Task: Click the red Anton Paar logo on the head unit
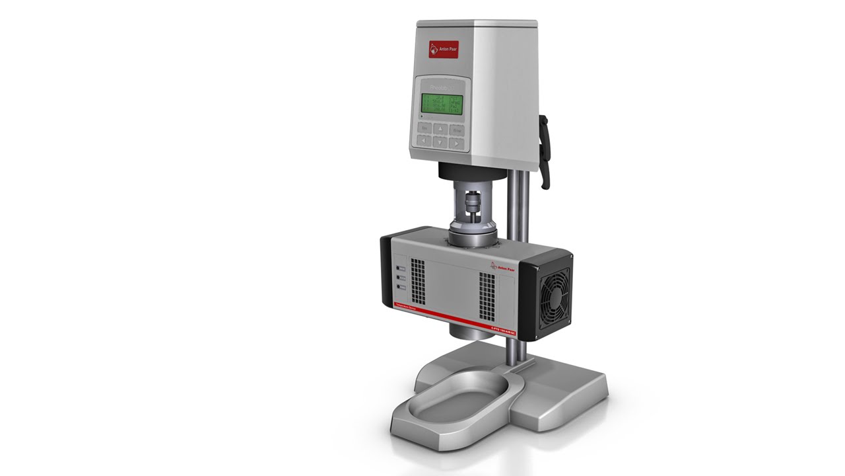click(x=444, y=48)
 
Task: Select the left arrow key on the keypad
click(x=422, y=141)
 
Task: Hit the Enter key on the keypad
click(x=457, y=130)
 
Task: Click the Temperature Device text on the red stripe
click(x=404, y=307)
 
